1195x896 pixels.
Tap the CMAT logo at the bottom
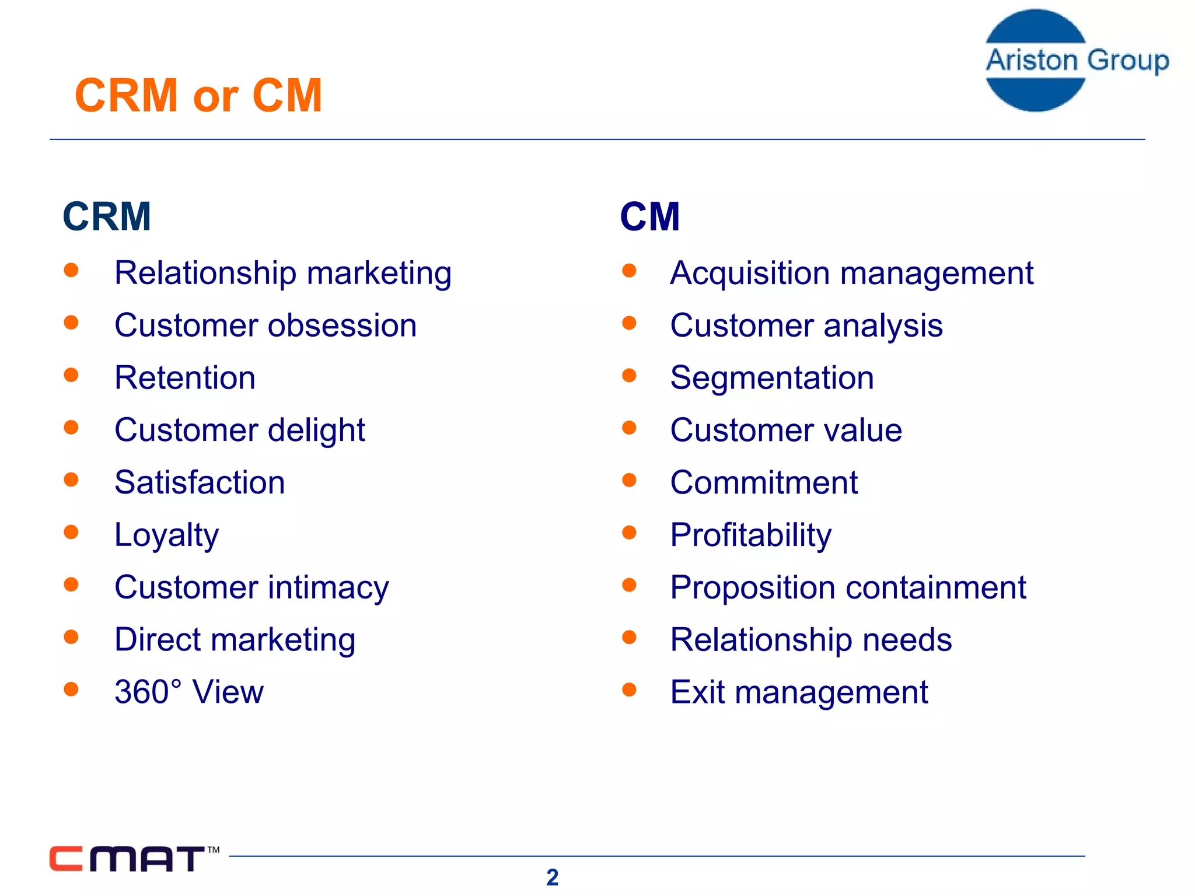[x=133, y=859]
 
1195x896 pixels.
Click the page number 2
[x=552, y=877]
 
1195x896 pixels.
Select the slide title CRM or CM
[x=198, y=96]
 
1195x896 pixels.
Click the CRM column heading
[x=107, y=216]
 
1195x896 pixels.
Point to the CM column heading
[x=649, y=216]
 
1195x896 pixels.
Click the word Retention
[x=185, y=378]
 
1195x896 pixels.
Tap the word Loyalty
[x=166, y=535]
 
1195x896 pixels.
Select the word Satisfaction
[x=200, y=483]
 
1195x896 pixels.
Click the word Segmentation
[x=771, y=378]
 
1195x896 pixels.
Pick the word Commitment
[x=763, y=483]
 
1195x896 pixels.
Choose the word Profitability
[x=750, y=535]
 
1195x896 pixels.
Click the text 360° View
[x=188, y=692]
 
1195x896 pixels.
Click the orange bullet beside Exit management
[x=629, y=689]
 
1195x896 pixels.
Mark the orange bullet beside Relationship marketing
[x=71, y=270]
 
